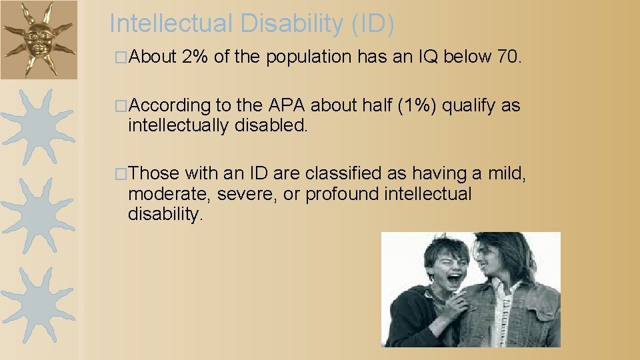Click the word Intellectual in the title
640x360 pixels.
point(167,23)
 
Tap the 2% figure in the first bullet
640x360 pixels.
point(194,58)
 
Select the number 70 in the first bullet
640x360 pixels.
point(508,58)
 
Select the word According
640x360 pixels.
point(169,106)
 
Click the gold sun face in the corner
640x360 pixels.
point(37,38)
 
